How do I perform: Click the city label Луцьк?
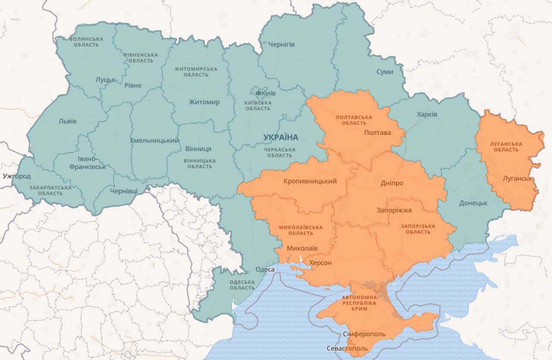106,80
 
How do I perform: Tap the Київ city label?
269,93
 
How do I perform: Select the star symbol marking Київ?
258,93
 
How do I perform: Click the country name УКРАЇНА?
281,138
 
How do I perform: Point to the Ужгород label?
17,176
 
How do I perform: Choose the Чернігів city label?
281,44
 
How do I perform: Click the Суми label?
385,72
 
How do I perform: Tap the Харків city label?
427,114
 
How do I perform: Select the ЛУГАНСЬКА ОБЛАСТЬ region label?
506,147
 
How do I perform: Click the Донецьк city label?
473,203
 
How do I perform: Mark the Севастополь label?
347,348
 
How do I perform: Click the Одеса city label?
265,269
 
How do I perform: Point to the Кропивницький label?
310,181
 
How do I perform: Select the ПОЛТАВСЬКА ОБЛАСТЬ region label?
354,120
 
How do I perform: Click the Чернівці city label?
124,191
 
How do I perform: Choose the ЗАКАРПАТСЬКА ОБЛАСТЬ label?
50,190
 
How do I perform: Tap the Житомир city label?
204,102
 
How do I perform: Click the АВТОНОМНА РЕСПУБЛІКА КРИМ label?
359,303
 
